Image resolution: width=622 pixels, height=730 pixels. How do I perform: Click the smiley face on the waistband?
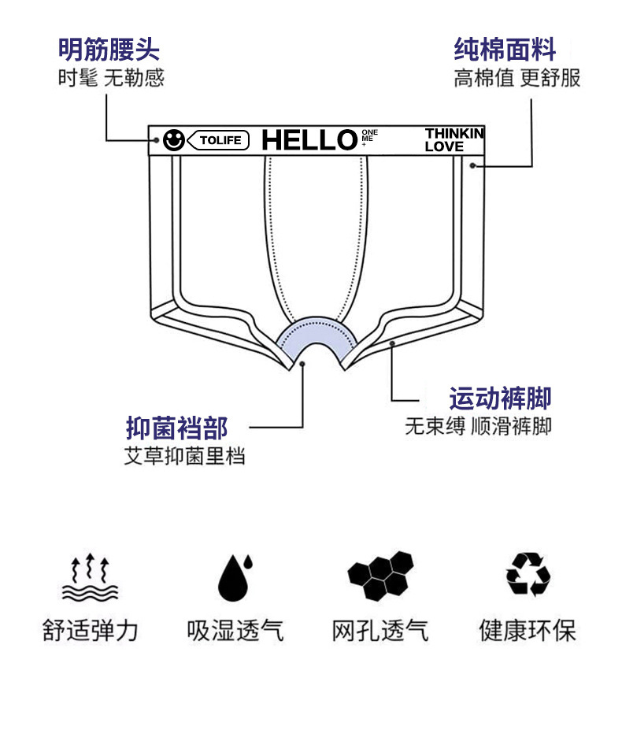click(173, 141)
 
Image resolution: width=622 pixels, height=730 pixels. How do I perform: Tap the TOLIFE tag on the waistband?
click(219, 141)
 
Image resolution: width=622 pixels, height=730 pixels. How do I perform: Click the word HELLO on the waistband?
click(309, 140)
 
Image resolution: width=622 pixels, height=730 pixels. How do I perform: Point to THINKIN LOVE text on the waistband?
click(454, 139)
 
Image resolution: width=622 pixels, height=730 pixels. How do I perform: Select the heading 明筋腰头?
click(109, 50)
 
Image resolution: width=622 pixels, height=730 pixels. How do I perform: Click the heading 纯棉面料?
click(505, 50)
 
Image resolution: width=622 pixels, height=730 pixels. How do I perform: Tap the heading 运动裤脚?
click(500, 398)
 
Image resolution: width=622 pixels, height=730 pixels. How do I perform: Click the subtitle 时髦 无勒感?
click(110, 79)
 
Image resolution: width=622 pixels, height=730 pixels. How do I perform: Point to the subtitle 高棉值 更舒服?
click(516, 79)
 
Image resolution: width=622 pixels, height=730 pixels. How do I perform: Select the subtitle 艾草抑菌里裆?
click(184, 457)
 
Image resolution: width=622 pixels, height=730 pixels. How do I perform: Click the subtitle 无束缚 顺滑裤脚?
click(478, 426)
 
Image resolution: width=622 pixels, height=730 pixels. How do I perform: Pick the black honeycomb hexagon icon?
click(380, 576)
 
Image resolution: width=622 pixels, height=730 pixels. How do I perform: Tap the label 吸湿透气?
click(235, 630)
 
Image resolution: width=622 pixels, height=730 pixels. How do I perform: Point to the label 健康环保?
click(528, 630)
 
